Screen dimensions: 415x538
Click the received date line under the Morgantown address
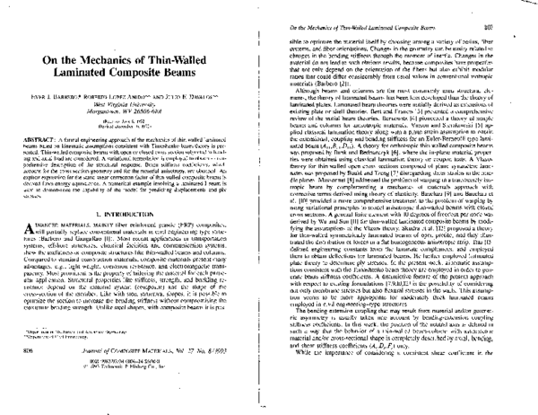click(134, 140)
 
